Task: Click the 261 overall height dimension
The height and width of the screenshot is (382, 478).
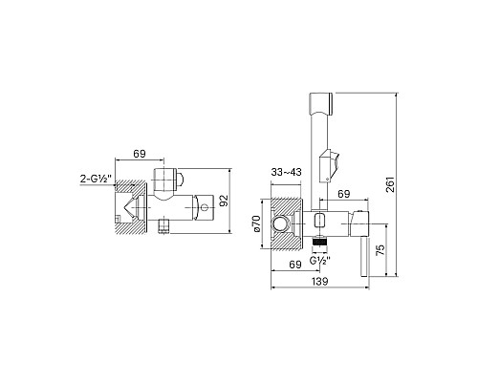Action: click(390, 184)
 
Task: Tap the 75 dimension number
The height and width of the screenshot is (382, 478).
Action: click(380, 250)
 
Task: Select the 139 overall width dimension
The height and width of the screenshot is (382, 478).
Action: click(319, 282)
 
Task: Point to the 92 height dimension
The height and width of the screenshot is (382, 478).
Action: click(225, 201)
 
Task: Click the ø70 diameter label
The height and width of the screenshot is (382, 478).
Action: click(256, 223)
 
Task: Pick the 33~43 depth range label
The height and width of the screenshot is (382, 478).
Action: click(286, 172)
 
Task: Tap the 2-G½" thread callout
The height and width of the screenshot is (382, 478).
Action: click(96, 180)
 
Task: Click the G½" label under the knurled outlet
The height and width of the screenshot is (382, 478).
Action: click(320, 261)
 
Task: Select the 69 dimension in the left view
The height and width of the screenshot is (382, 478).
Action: click(140, 154)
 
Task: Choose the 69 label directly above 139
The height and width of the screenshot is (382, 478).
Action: click(295, 265)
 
